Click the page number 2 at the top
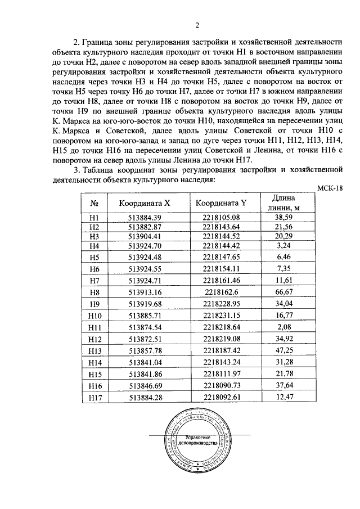[x=197, y=24]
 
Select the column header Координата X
[x=145, y=204]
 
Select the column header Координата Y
[x=222, y=204]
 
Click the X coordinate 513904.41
[x=145, y=236]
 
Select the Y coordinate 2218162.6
[x=222, y=292]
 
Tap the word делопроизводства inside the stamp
[x=196, y=443]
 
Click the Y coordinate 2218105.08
[x=222, y=217]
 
